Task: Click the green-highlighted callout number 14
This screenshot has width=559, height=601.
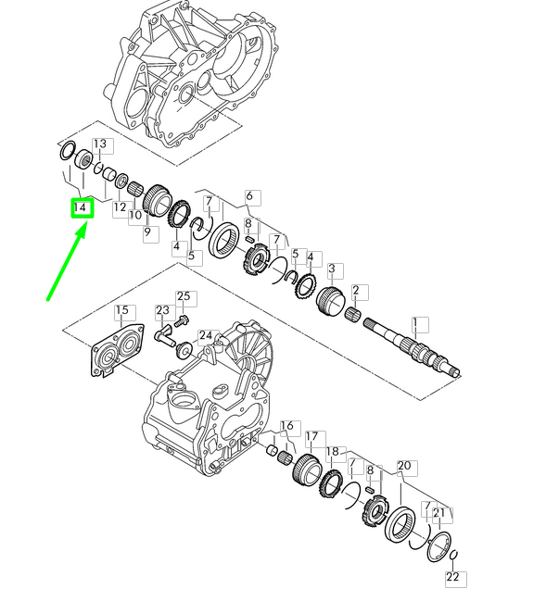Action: (x=83, y=208)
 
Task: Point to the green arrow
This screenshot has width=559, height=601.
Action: (x=66, y=263)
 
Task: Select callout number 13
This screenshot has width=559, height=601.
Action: (x=100, y=144)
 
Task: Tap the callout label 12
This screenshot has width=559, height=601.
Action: (x=120, y=207)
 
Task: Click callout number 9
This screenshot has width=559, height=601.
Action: (x=147, y=232)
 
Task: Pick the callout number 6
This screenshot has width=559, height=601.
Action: (x=249, y=196)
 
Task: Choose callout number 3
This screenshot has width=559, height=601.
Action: (x=332, y=269)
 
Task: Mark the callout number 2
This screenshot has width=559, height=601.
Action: (x=356, y=290)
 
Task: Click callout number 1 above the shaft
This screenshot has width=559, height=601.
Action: (x=414, y=324)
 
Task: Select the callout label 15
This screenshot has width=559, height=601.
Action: (x=122, y=310)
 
